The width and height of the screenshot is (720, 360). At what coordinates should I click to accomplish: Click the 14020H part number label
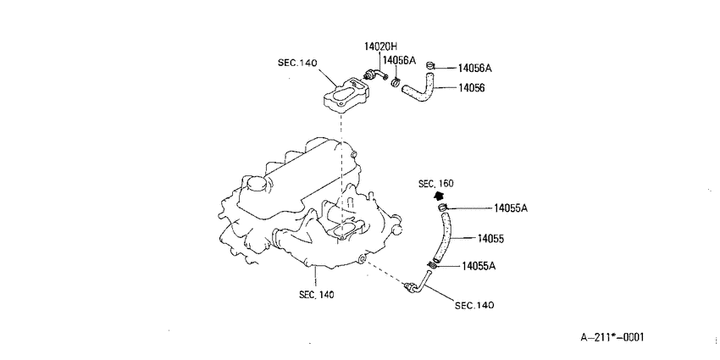(x=380, y=46)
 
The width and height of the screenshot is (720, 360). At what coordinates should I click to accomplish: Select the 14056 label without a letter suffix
(x=471, y=87)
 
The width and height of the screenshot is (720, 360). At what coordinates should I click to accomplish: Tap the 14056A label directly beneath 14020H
(x=399, y=60)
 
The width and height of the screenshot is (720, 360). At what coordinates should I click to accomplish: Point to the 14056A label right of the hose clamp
(x=475, y=69)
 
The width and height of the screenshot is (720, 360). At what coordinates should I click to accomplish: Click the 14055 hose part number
(x=490, y=238)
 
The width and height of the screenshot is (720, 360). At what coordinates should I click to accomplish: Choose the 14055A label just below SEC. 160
(x=511, y=208)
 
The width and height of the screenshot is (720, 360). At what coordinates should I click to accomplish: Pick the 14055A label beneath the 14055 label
(x=479, y=265)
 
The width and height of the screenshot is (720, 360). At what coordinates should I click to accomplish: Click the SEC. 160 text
(x=435, y=184)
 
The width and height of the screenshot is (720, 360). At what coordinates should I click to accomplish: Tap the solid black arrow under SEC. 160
(x=440, y=196)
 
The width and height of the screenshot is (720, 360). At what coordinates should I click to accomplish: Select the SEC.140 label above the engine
(x=297, y=63)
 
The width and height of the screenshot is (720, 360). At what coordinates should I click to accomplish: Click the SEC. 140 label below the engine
(x=317, y=294)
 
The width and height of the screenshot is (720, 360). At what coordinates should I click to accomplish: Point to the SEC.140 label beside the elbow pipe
(x=474, y=305)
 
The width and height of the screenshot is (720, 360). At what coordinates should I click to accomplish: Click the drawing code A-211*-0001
(x=612, y=337)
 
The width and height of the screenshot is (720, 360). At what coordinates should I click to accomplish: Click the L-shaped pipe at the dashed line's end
(x=419, y=284)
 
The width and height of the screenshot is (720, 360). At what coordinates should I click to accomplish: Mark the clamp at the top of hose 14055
(x=443, y=208)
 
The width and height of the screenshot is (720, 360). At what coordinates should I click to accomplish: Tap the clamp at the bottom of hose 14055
(x=432, y=265)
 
